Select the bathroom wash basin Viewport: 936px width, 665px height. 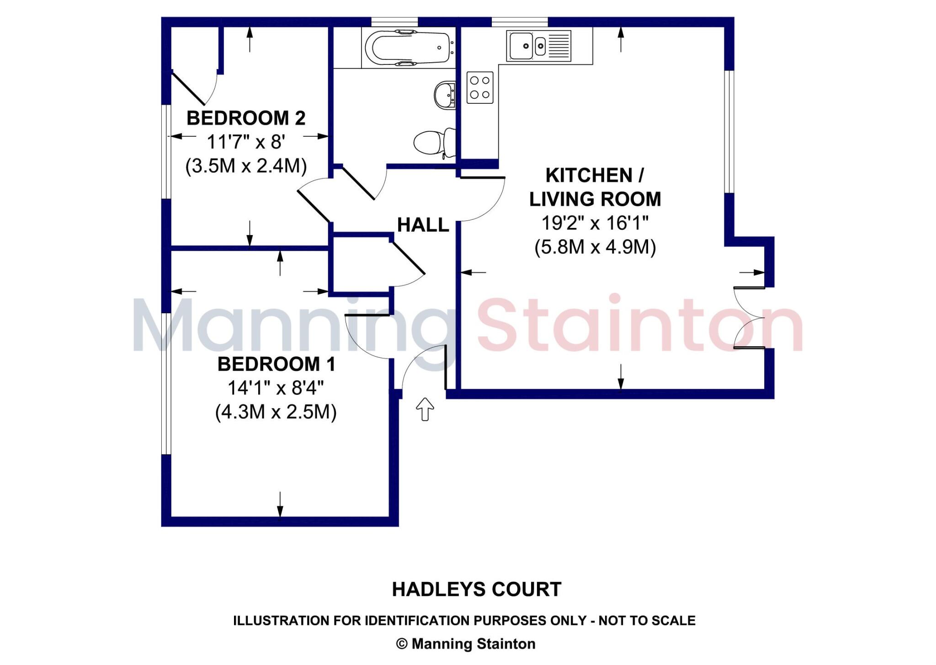click(445, 95)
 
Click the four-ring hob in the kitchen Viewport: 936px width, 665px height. click(480, 87)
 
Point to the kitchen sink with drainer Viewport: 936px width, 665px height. click(539, 46)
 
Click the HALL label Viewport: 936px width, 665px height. click(423, 225)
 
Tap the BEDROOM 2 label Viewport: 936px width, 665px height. click(246, 118)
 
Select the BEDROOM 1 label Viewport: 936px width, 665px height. click(276, 364)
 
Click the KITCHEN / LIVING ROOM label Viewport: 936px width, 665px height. click(595, 187)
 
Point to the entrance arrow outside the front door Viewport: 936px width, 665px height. click(425, 408)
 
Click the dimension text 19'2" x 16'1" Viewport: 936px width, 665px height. click(595, 223)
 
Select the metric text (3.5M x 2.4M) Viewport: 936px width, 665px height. click(246, 166)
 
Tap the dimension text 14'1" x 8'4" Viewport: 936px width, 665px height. click(276, 388)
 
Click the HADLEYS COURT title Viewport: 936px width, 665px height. click(476, 590)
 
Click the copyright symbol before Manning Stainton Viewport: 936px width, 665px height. click(402, 644)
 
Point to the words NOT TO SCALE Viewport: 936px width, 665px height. click(647, 621)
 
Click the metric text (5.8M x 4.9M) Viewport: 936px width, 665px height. click(595, 247)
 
